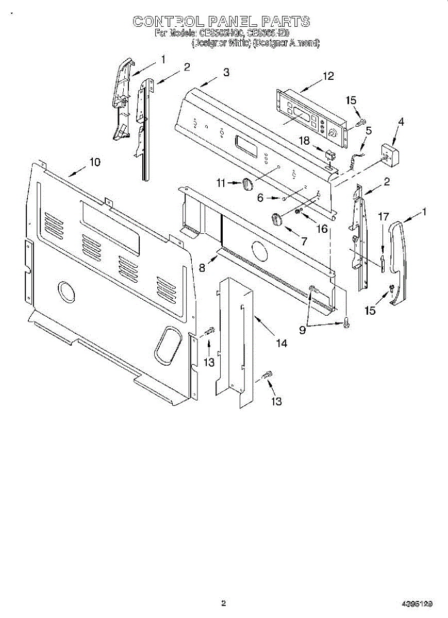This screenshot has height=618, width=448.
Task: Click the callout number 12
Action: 328,76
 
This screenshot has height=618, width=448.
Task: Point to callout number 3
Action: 226,73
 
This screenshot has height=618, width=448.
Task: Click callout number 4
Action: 401,122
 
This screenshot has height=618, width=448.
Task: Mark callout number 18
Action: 305,140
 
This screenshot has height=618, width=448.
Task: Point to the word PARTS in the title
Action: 285,21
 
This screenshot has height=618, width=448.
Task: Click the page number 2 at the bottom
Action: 223,603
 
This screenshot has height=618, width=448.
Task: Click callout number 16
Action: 322,228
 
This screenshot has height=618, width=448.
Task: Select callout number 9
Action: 302,330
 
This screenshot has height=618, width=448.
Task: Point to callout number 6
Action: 260,198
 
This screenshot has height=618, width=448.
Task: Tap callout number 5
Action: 368,130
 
